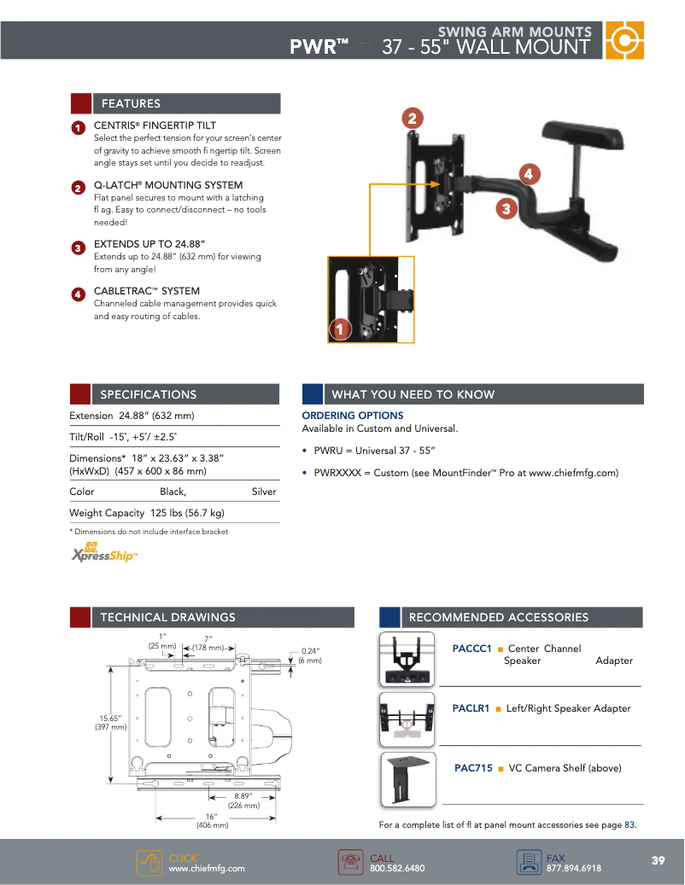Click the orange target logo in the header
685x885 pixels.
[x=624, y=40]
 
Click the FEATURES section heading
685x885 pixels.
[x=131, y=103]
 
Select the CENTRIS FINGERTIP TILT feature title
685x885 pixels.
[x=155, y=125]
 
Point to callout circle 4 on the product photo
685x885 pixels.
[x=529, y=174]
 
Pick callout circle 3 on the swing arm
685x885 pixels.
[x=506, y=208]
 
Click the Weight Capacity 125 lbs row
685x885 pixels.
[x=147, y=513]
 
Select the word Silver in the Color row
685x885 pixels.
[x=264, y=492]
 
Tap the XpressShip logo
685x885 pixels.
[x=103, y=554]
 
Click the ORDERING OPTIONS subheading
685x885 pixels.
[x=353, y=416]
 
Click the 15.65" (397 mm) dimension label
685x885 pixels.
[x=113, y=723]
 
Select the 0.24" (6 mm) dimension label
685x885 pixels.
[x=310, y=655]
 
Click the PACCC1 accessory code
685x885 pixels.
[x=471, y=649]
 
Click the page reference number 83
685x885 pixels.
[x=629, y=824]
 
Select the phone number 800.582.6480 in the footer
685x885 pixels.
[x=397, y=868]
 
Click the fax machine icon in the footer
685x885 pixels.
[x=529, y=863]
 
